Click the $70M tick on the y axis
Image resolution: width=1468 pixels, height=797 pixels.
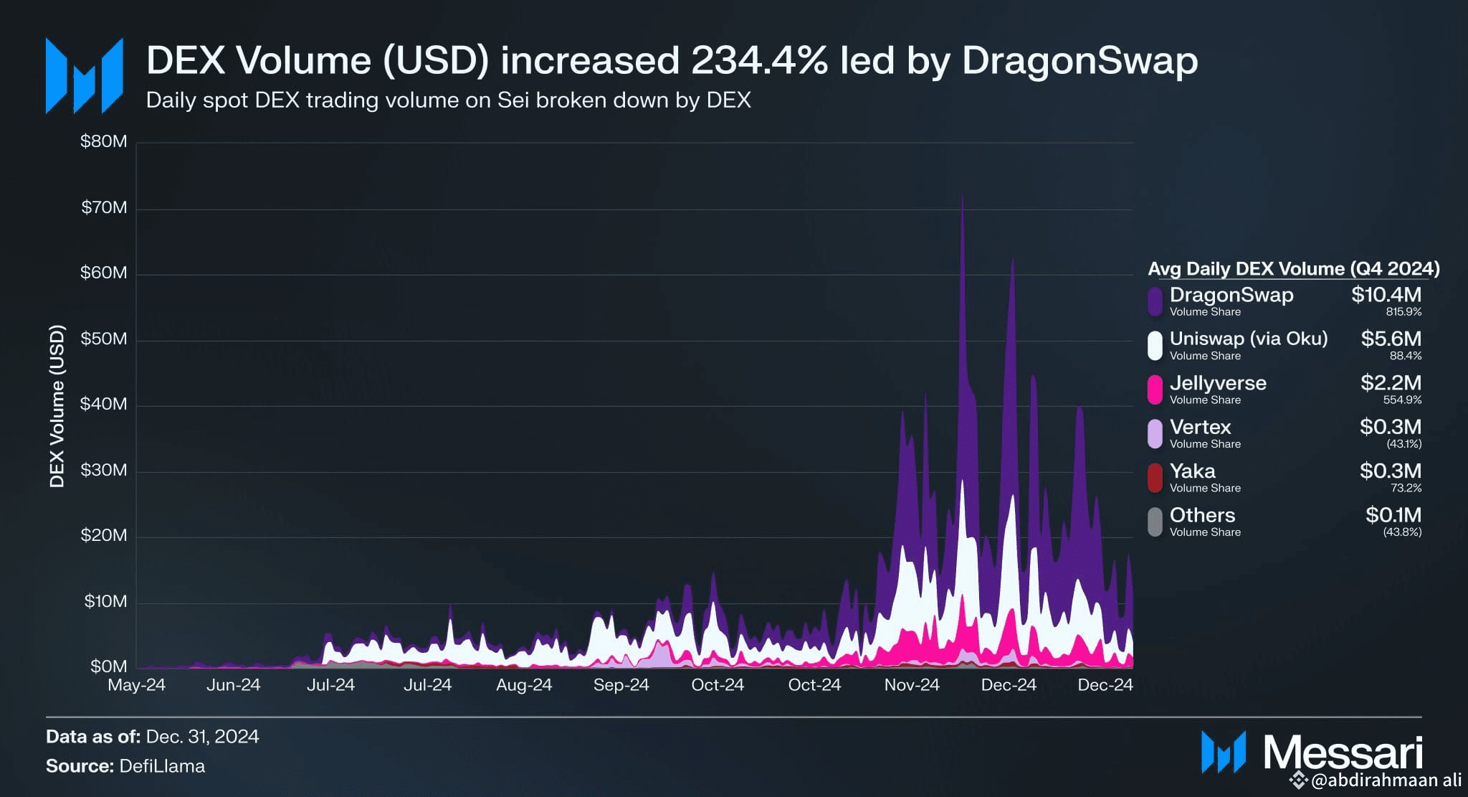click(104, 208)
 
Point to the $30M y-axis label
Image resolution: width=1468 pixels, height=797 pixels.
click(104, 471)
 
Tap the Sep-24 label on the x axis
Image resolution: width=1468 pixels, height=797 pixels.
click(621, 685)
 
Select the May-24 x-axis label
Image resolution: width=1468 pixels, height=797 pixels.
click(136, 685)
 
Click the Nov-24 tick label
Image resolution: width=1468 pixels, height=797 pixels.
click(911, 685)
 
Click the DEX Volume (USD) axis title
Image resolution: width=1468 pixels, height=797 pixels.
click(57, 406)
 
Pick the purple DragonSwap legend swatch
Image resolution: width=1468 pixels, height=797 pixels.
click(1154, 301)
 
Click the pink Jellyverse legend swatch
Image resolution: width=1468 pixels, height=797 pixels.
click(1154, 390)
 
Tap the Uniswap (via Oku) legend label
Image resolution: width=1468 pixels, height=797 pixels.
click(1248, 339)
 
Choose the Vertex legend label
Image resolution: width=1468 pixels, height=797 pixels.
click(1200, 427)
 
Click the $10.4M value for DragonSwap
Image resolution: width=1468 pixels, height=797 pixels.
click(1386, 295)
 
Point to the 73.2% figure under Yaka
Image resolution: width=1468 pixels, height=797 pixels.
click(1406, 488)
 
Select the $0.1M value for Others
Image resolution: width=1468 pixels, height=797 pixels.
click(1393, 515)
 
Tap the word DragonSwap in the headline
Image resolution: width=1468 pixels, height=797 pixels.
click(1079, 60)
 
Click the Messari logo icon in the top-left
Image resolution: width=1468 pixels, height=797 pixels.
click(84, 76)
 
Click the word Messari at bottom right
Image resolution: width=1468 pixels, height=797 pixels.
click(1342, 753)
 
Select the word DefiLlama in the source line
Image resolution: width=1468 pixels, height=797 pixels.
click(162, 766)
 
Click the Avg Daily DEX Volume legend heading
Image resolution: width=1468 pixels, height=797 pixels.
click(1293, 269)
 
